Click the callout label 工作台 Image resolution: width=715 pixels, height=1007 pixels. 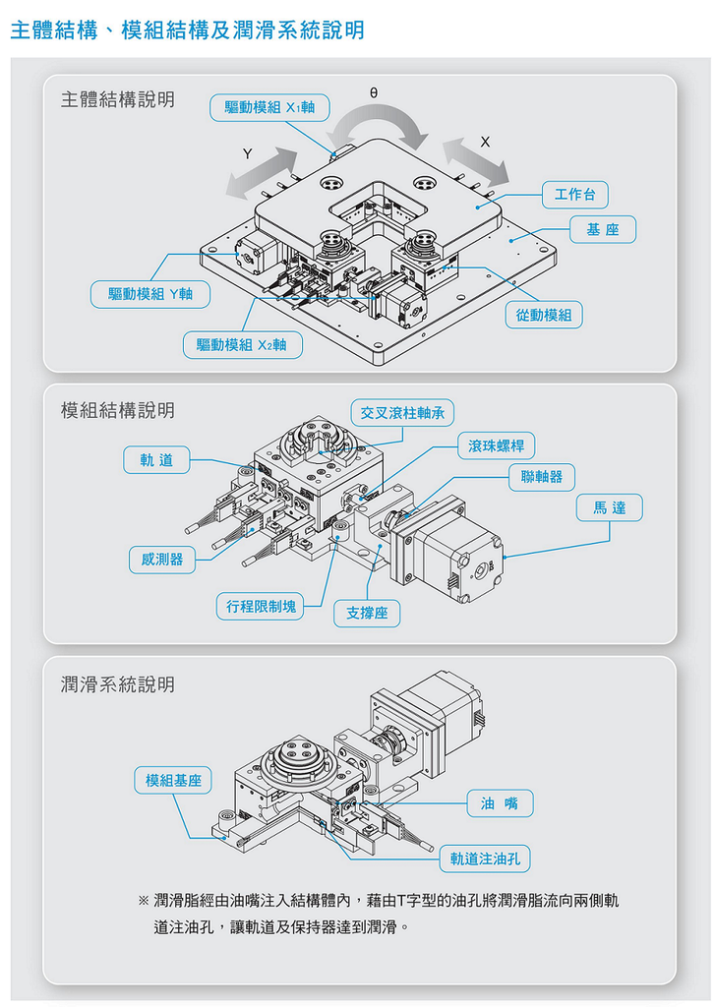click(575, 194)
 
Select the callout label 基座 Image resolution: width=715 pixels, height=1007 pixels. click(603, 230)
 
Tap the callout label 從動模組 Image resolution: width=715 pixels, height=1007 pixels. click(544, 315)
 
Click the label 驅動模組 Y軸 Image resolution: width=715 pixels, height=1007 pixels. click(150, 293)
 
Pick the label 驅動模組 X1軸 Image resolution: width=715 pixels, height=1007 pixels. click(269, 107)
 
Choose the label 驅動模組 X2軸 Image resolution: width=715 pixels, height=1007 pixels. click(242, 344)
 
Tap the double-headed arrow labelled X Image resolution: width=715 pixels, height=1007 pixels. click(476, 160)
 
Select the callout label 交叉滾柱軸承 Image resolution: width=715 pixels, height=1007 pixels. click(402, 412)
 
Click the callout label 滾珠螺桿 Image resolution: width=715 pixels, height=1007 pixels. click(496, 445)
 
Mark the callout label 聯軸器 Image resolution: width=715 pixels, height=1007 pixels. click(542, 477)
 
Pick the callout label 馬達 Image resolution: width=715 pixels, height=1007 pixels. click(609, 507)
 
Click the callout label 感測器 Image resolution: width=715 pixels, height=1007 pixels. click(162, 560)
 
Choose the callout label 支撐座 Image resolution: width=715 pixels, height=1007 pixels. click(367, 614)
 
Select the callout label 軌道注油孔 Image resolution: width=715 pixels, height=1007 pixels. click(484, 859)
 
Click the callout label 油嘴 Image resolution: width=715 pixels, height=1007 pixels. click(500, 803)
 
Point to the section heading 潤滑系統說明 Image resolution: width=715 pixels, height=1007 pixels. click(118, 684)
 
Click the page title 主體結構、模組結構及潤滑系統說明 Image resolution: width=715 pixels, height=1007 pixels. click(187, 30)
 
